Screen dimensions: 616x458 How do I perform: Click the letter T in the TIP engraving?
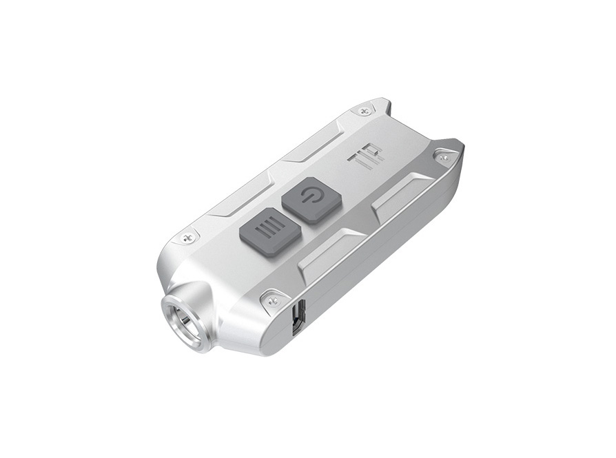pyautogui.click(x=354, y=161)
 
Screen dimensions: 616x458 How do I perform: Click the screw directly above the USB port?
pyautogui.click(x=271, y=300)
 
